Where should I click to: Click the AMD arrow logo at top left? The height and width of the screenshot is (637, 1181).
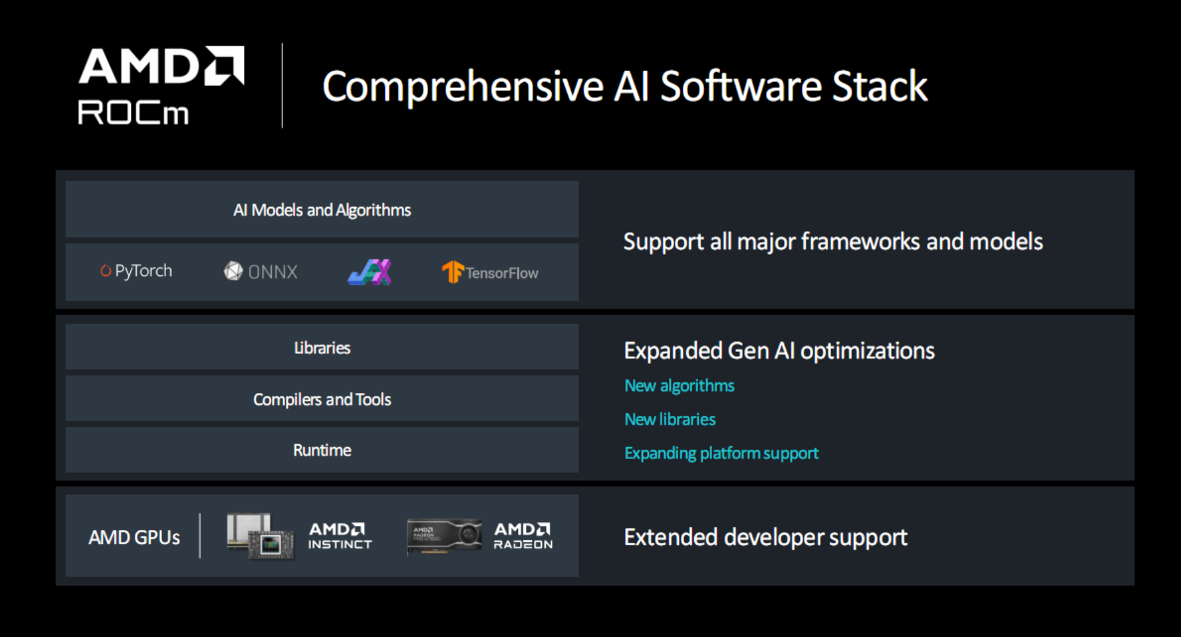click(x=224, y=65)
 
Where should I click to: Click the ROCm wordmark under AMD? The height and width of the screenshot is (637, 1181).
click(x=133, y=112)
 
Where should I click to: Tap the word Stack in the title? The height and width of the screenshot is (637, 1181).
click(x=880, y=86)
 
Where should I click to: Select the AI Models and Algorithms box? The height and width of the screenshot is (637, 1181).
click(x=322, y=210)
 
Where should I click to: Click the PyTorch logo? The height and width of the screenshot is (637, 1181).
click(x=136, y=271)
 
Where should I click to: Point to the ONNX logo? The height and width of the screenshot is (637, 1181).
click(x=261, y=271)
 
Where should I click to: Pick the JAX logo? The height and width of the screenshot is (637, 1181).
click(x=370, y=272)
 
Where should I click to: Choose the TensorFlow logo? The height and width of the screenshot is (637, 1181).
click(x=490, y=272)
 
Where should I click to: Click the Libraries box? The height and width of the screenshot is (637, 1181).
click(x=322, y=347)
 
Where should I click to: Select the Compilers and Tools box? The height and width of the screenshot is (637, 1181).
click(x=322, y=399)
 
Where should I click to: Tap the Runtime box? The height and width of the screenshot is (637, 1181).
click(x=322, y=450)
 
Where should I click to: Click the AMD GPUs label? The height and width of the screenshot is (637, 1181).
click(x=134, y=537)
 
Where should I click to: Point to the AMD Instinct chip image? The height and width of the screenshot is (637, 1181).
click(x=260, y=536)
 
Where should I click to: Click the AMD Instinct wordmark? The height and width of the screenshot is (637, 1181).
click(x=340, y=536)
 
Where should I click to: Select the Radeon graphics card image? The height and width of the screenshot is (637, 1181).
click(x=444, y=536)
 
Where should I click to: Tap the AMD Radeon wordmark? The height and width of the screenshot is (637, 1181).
click(x=523, y=536)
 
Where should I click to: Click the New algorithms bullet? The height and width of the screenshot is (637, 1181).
click(x=679, y=386)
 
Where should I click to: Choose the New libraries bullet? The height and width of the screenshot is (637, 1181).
click(x=670, y=419)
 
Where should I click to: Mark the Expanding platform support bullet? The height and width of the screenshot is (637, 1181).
click(x=722, y=453)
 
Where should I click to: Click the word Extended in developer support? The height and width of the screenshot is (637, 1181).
click(x=671, y=537)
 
